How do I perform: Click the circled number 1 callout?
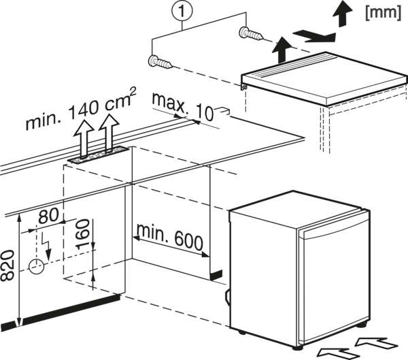pyautogui.click(x=182, y=11)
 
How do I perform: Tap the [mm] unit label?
pyautogui.click(x=383, y=13)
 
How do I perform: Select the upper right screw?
pyautogui.click(x=251, y=33)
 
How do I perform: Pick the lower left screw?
pyautogui.click(x=160, y=62)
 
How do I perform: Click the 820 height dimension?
pyautogui.click(x=7, y=265)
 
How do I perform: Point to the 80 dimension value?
pyautogui.click(x=49, y=216)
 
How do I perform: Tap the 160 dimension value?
pyautogui.click(x=83, y=234)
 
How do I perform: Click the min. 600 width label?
pyautogui.click(x=169, y=237)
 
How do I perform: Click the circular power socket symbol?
pyautogui.click(x=37, y=266)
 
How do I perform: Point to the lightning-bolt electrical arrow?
pyautogui.click(x=46, y=246)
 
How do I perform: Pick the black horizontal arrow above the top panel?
pyautogui.click(x=314, y=36)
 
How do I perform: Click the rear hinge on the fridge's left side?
pyautogui.click(x=227, y=297)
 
